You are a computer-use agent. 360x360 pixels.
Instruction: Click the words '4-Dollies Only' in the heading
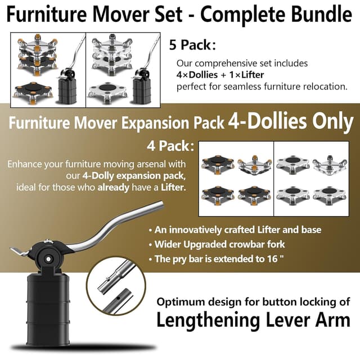[290, 121]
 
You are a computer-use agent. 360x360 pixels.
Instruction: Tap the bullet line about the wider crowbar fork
[217, 245]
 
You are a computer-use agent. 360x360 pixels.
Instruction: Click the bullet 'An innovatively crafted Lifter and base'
[234, 230]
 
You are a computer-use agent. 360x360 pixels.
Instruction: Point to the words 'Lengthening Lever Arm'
[253, 321]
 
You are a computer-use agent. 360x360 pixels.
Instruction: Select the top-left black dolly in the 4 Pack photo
[217, 164]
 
